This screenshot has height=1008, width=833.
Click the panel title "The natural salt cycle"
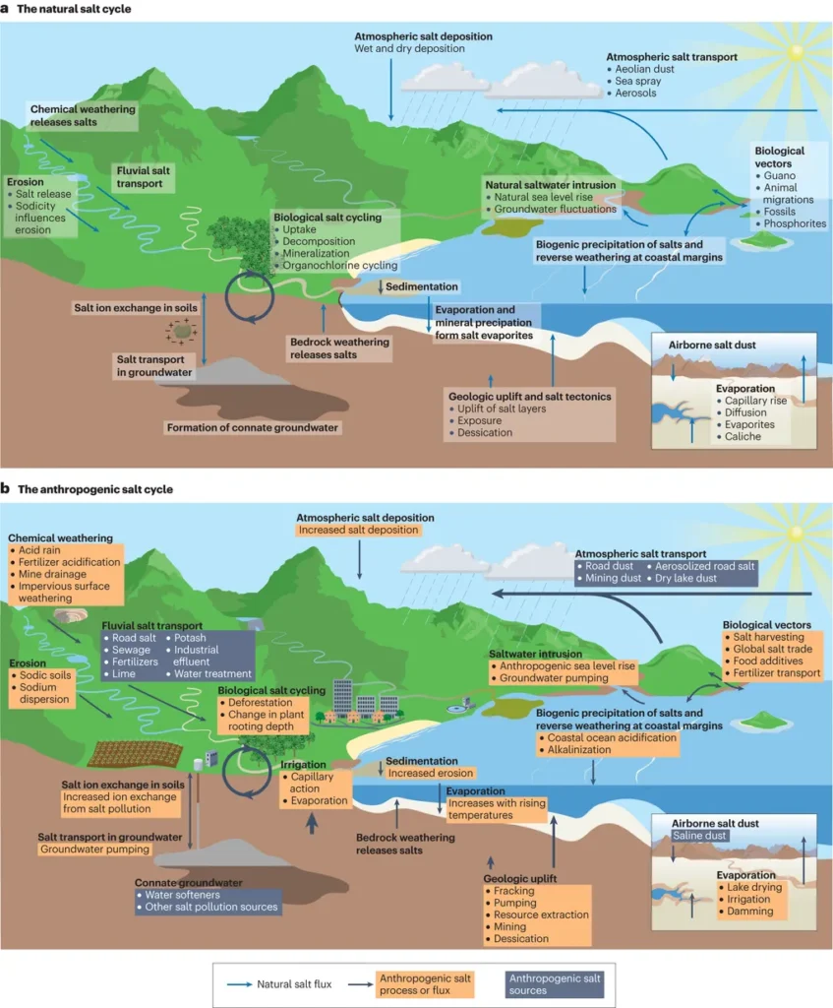pos(74,9)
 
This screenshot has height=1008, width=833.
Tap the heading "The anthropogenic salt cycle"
pos(95,489)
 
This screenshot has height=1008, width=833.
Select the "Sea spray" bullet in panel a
pos(637,81)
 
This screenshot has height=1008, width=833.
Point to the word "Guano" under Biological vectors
pos(780,175)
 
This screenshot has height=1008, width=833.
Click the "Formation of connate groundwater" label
pos(253,427)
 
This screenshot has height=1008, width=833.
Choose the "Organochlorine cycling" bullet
pos(339,265)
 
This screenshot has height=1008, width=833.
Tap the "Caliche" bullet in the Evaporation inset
pos(743,436)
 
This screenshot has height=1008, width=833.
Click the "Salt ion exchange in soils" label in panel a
pos(136,308)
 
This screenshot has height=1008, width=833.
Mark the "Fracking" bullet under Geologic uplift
pos(513,890)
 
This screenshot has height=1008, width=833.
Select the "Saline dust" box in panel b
pos(699,836)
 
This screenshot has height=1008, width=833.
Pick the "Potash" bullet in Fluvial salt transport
pos(190,638)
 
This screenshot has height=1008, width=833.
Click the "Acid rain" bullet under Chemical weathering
pos(38,550)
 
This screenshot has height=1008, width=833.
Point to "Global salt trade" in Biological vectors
pos(773,649)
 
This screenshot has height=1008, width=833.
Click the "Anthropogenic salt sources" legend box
pos(555,984)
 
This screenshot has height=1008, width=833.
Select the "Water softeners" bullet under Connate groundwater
pos(182,895)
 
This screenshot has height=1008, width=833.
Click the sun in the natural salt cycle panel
pos(796,53)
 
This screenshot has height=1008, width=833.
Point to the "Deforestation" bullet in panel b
pos(260,703)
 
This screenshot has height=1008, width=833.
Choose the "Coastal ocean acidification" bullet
pos(612,737)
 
